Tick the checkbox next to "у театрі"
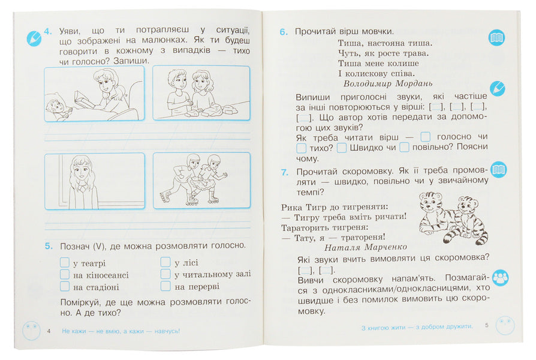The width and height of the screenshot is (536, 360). pos(65,262)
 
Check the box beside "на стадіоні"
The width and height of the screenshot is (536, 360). pos(65,286)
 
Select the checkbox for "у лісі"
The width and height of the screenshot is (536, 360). pos(165,262)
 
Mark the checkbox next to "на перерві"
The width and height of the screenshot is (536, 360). pos(165,286)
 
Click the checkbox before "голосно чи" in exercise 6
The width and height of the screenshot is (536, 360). pos(425,137)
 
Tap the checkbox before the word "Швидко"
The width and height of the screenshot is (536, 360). pos(342,148)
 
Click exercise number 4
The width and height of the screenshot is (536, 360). pos(48,31)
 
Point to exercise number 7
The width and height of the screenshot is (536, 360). pos(284,172)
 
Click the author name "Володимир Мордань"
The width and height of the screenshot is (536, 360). pos(388,83)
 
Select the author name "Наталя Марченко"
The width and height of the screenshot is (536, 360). pos(365,247)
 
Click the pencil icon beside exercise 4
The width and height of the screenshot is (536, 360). pos(34,38)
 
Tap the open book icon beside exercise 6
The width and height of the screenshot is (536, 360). pos(496,37)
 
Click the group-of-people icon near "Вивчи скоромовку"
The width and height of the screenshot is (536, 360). pos(500,278)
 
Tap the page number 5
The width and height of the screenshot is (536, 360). pos(487,325)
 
